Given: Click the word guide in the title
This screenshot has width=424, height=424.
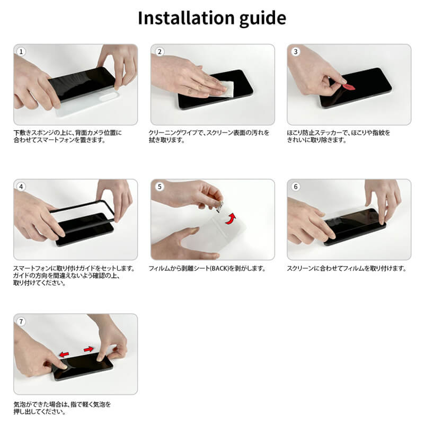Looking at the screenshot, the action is (262, 19).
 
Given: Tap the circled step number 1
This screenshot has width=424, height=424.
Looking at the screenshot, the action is (21, 51).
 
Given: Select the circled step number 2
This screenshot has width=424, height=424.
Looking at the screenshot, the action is (160, 51).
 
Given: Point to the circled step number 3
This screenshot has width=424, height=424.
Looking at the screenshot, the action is (296, 51).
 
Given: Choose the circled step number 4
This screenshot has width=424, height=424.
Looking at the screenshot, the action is (21, 187).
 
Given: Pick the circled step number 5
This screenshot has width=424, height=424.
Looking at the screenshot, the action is (160, 187).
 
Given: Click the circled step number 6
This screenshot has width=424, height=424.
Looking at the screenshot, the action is (296, 187).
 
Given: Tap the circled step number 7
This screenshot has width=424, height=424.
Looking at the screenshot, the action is (21, 322).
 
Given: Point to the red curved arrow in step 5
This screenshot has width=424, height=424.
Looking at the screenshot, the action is (231, 218).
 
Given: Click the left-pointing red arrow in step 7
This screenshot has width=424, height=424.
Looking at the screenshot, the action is (64, 354).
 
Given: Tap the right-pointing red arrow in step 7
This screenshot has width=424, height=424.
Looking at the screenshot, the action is (89, 349).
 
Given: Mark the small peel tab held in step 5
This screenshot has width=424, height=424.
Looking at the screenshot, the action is (220, 206).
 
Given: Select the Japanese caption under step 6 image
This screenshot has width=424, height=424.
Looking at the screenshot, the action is (347, 269).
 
